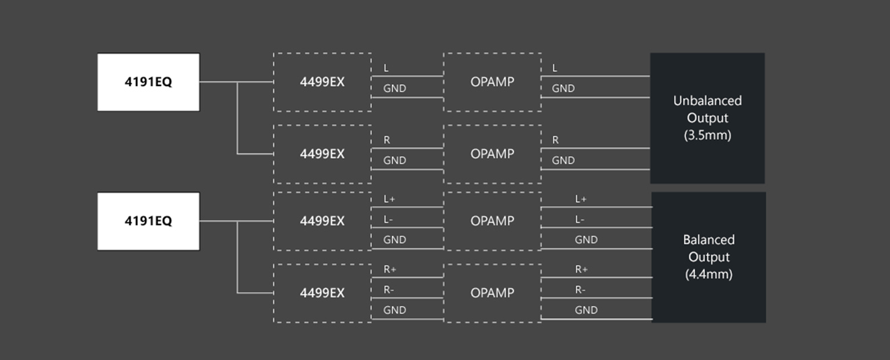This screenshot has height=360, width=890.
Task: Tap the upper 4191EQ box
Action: click(x=148, y=82)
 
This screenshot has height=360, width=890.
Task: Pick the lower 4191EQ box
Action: click(x=148, y=221)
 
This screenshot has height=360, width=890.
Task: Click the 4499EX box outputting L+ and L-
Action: click(x=322, y=221)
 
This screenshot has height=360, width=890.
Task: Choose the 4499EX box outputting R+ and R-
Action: click(x=322, y=293)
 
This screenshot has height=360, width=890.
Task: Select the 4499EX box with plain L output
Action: click(x=322, y=82)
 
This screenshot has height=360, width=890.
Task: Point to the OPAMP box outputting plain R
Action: click(x=492, y=153)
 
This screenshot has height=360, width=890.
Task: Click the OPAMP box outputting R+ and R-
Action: click(x=492, y=293)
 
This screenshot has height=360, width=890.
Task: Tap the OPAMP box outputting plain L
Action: click(x=492, y=82)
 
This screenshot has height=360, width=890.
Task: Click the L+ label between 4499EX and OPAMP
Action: click(x=390, y=199)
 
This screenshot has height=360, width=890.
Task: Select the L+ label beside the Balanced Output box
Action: click(x=581, y=199)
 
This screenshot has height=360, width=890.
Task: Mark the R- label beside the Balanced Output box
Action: click(x=580, y=289)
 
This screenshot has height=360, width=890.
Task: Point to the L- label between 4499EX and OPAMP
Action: click(x=389, y=219)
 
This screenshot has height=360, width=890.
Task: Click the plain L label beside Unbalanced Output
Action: click(x=555, y=68)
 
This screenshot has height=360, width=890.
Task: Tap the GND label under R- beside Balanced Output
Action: click(x=586, y=310)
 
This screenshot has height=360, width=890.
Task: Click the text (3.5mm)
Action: click(x=708, y=135)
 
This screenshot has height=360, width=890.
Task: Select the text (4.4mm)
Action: click(x=709, y=275)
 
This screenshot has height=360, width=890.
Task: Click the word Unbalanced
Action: click(x=708, y=101)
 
